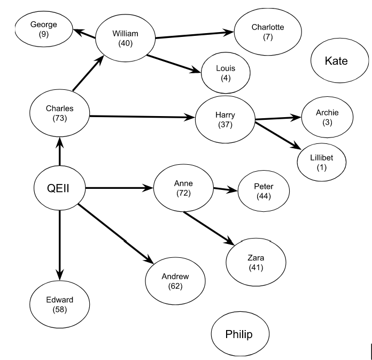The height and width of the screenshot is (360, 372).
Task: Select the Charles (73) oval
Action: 59,113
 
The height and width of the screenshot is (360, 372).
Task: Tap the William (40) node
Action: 125,39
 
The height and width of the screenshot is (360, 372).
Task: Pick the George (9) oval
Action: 43,29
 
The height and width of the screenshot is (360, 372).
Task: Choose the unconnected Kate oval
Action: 336,62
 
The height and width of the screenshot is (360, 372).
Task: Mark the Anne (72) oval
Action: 183,188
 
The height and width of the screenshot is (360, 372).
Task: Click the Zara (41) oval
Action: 255,263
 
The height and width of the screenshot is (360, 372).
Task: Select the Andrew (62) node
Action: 175,281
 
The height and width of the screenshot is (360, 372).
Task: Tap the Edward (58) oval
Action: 59,304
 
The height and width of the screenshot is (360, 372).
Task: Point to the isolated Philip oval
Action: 238,335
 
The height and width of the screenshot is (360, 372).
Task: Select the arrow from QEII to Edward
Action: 59,243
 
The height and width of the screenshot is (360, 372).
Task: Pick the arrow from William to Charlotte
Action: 195,35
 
